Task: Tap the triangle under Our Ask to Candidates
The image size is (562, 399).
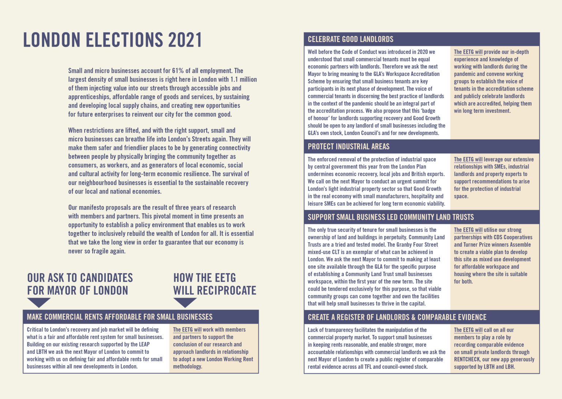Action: click(39, 302)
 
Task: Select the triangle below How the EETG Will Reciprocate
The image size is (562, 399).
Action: click(185, 302)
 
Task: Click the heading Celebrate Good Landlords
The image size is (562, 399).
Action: click(350, 39)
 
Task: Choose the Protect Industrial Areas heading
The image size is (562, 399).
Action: click(348, 146)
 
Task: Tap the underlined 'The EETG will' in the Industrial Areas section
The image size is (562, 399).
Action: click(468, 159)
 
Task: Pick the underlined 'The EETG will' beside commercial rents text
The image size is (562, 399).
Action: click(187, 329)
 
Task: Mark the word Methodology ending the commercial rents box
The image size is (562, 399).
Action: click(187, 366)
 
